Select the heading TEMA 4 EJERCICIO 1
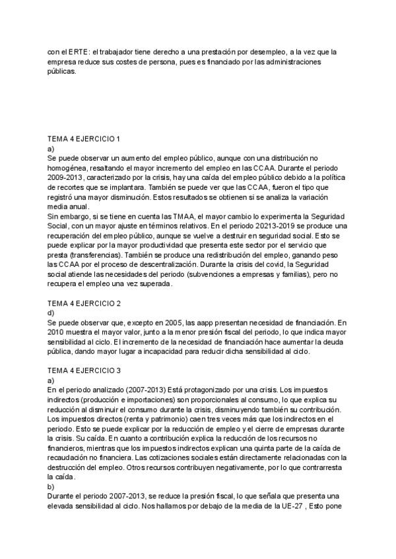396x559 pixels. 84,140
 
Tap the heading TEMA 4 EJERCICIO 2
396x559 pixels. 84,305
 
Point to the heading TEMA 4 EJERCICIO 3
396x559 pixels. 84,372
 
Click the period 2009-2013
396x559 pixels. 68,178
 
